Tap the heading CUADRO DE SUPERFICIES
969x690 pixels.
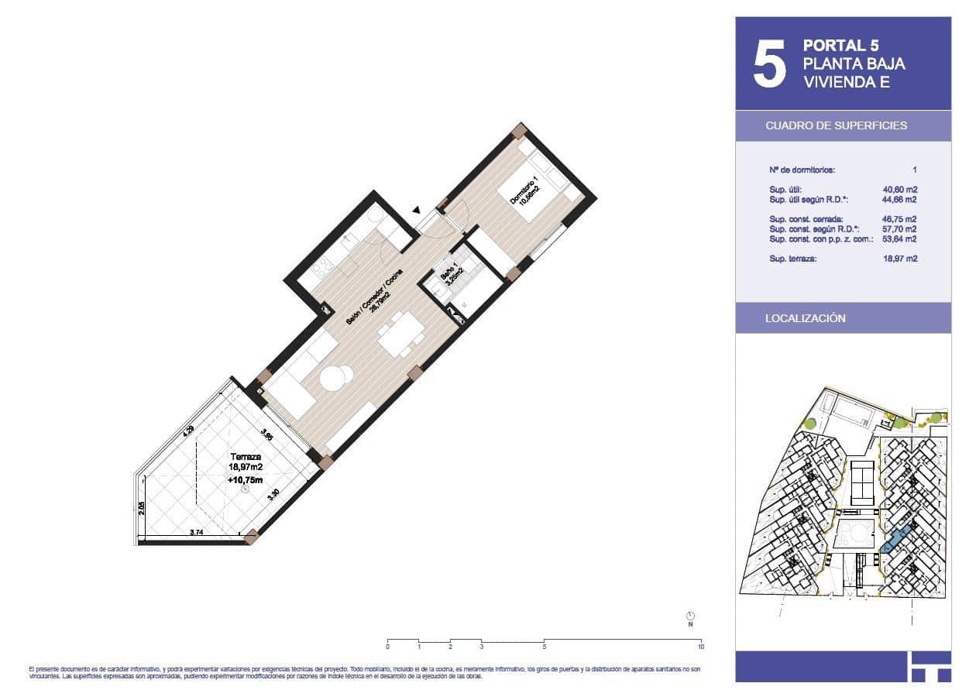click(x=836, y=125)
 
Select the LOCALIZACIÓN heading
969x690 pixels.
click(x=805, y=318)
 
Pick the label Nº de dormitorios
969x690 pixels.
click(x=802, y=170)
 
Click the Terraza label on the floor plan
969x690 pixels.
click(x=245, y=457)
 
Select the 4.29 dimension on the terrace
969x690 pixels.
click(x=187, y=432)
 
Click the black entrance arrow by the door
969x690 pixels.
click(x=416, y=210)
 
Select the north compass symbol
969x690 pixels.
click(x=689, y=613)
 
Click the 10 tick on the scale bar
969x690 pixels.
click(x=700, y=645)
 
